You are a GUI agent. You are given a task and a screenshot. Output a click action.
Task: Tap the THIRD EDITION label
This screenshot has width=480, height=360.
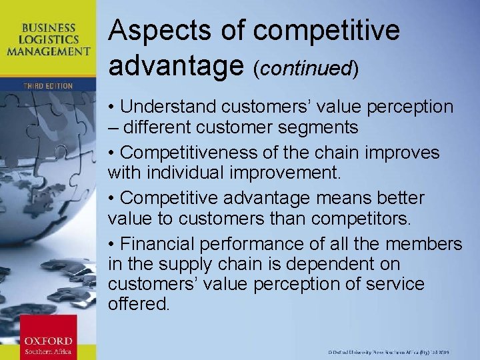(48, 86)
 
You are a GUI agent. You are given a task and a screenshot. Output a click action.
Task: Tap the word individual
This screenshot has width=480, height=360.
(177, 173)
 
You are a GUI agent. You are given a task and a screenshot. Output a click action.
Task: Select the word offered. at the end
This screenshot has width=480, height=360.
(139, 304)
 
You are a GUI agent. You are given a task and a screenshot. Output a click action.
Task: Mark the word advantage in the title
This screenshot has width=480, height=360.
(174, 65)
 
